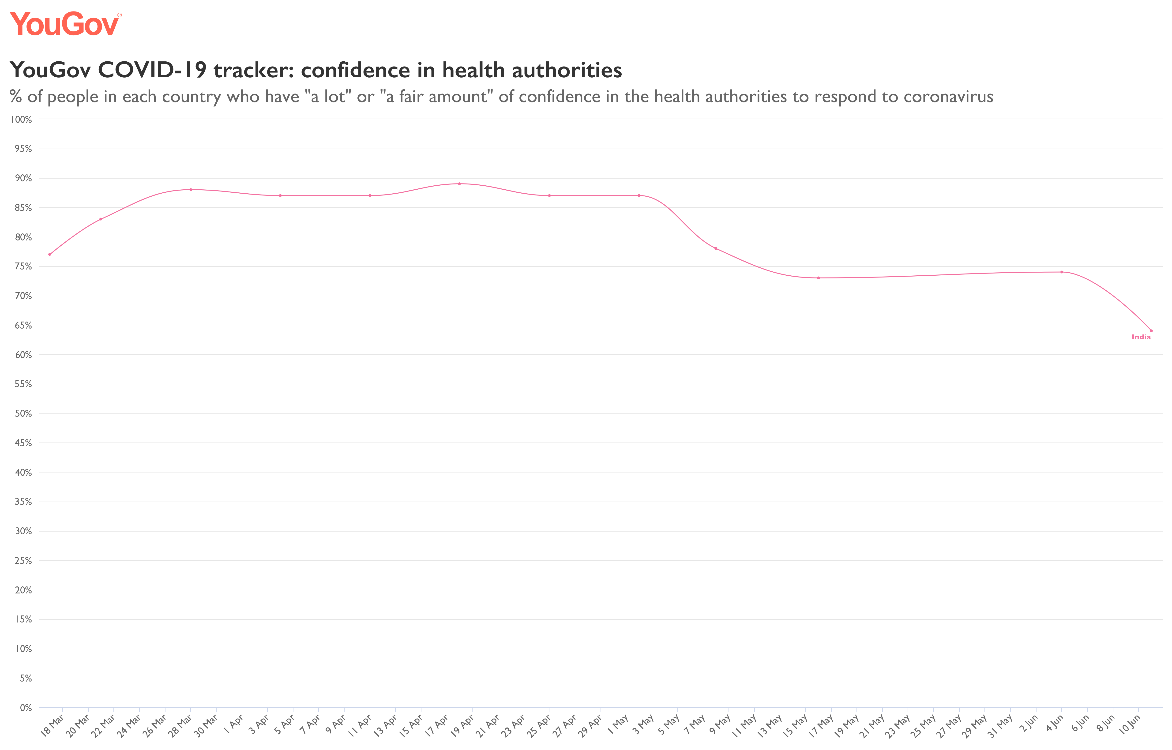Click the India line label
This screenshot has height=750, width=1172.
click(1141, 337)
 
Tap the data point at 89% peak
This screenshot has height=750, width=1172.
click(459, 184)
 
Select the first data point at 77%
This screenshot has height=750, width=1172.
click(50, 254)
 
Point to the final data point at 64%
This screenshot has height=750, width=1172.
click(1151, 331)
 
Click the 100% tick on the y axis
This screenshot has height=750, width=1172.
click(21, 119)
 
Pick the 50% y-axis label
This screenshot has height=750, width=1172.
click(23, 413)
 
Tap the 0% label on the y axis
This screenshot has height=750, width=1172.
click(25, 708)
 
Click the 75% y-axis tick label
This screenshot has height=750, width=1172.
click(23, 266)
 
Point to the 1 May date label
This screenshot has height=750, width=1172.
click(617, 725)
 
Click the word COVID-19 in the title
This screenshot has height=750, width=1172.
click(152, 70)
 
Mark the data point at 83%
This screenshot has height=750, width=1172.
click(101, 219)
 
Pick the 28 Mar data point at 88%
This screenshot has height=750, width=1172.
click(190, 189)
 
